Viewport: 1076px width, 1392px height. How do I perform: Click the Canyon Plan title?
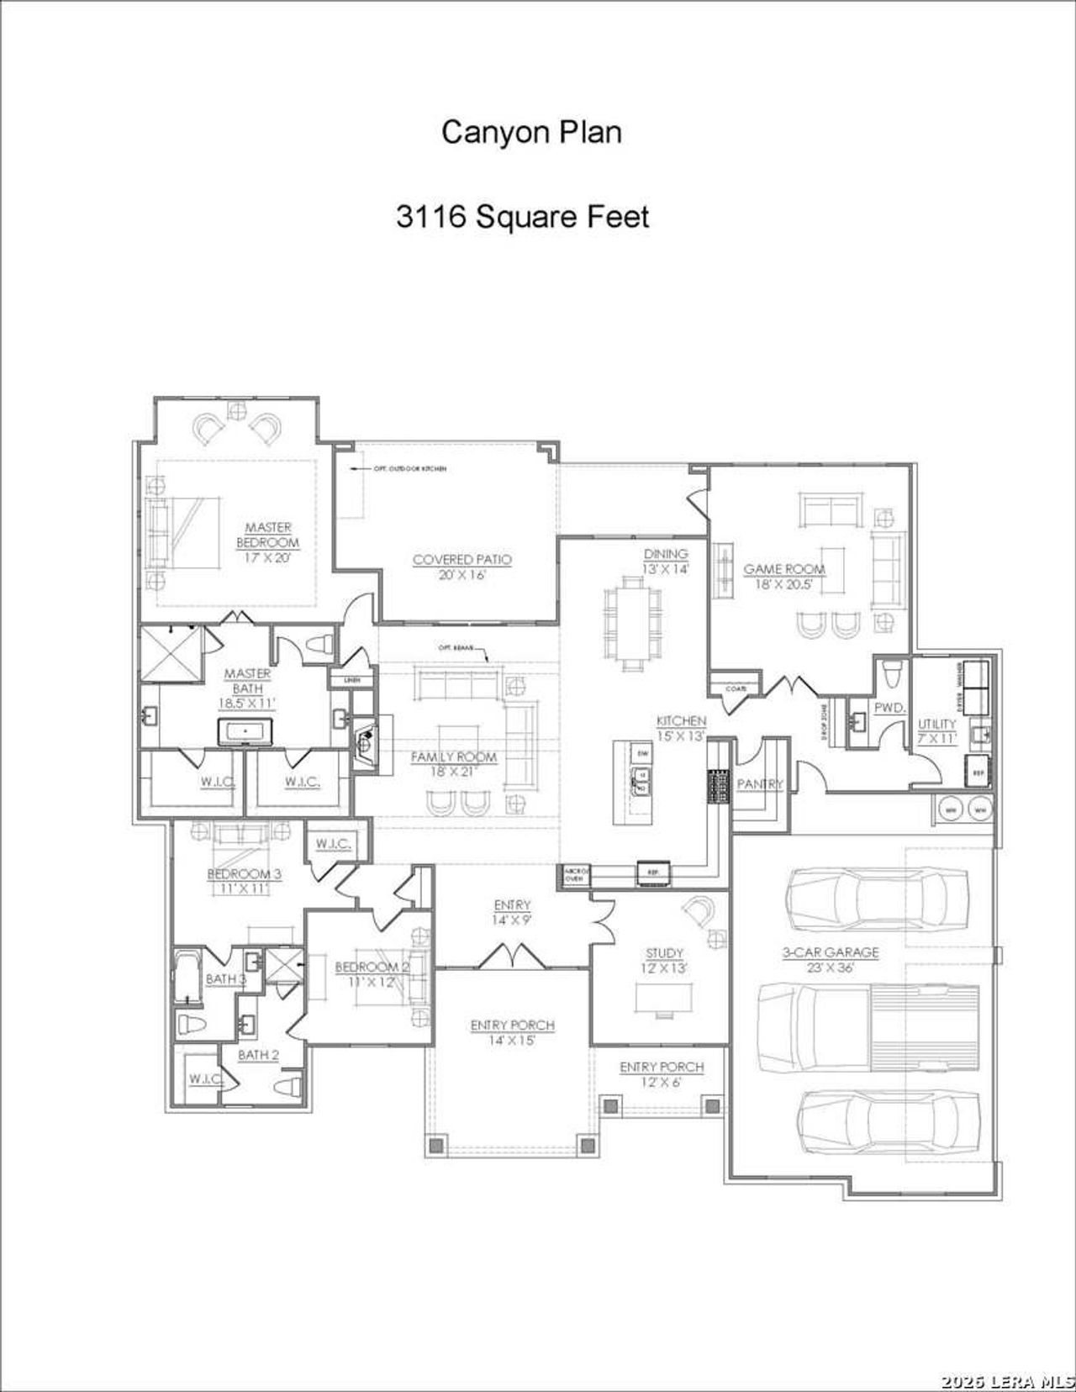(x=531, y=132)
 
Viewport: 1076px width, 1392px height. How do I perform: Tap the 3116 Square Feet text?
(x=522, y=217)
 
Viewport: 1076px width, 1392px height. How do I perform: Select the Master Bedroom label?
(x=268, y=535)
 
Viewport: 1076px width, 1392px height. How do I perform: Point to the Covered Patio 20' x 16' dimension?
(x=462, y=575)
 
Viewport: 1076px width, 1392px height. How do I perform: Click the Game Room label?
(x=784, y=569)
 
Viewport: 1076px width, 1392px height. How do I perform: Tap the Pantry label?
(x=760, y=783)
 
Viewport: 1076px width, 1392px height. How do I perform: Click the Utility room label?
(x=936, y=724)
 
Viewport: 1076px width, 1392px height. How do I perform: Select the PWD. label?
(x=889, y=708)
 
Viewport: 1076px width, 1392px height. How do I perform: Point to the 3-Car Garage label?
(x=831, y=952)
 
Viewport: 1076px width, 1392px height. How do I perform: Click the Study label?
(x=664, y=952)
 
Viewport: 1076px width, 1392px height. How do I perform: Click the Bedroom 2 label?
(x=372, y=967)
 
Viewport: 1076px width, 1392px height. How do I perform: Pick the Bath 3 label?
(x=225, y=978)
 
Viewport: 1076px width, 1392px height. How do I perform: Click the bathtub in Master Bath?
(x=245, y=731)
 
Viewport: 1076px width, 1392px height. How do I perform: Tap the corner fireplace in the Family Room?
(x=367, y=743)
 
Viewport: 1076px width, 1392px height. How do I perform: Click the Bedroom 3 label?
(x=244, y=873)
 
